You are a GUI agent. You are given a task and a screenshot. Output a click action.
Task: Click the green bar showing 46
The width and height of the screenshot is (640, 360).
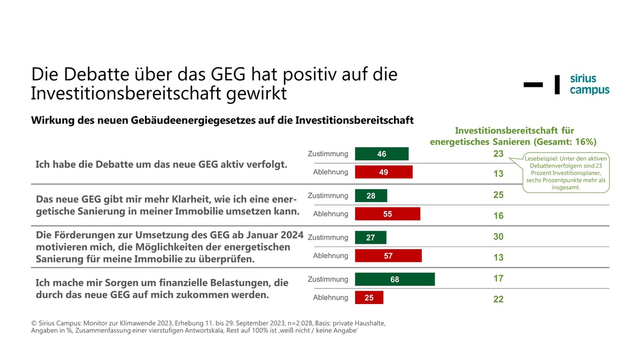pos(381,154)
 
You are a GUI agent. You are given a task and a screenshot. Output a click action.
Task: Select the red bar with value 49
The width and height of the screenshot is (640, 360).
pos(383,172)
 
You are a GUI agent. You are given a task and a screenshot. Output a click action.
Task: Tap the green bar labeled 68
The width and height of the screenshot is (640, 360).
pos(395,279)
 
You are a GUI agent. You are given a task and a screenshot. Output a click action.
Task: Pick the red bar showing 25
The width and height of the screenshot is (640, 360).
pos(369,298)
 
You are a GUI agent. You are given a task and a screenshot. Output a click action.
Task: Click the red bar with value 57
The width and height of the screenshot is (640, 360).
pos(388,256)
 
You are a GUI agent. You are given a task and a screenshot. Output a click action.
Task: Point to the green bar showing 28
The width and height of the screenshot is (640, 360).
pos(371,196)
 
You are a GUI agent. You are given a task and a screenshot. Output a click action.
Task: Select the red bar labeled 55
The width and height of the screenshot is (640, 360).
pos(388,214)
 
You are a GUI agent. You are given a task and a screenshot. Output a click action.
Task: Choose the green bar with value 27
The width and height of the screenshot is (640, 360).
pos(370,238)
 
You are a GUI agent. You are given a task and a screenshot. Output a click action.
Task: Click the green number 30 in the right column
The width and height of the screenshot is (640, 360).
pos(498,237)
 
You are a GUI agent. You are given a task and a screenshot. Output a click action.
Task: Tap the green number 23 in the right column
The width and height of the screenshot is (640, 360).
pos(498,154)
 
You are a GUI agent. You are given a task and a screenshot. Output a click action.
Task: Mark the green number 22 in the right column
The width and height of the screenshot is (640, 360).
pos(498,299)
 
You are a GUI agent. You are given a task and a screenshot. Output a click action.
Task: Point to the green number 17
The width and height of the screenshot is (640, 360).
pos(498,278)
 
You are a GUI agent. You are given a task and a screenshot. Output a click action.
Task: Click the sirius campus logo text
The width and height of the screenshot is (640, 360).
pos(589,84)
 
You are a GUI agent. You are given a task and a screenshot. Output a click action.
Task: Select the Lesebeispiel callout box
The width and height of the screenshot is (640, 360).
pos(567,173)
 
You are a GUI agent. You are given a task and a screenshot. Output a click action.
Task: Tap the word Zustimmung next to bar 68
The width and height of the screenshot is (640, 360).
pos(328,279)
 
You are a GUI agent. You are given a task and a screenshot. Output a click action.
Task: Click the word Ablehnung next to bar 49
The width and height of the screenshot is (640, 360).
pos(330,172)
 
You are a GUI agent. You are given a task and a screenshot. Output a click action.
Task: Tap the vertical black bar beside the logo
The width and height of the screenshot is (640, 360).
pos(557,84)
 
